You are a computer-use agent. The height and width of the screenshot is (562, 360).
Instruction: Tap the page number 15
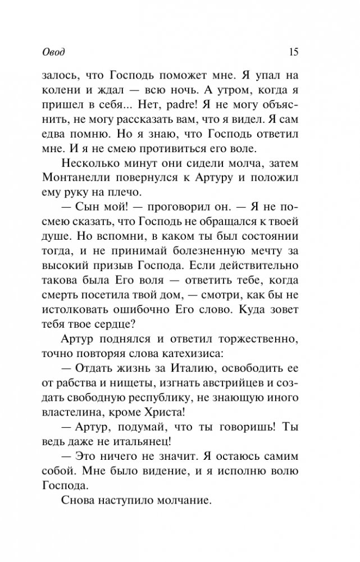click(x=293, y=52)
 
